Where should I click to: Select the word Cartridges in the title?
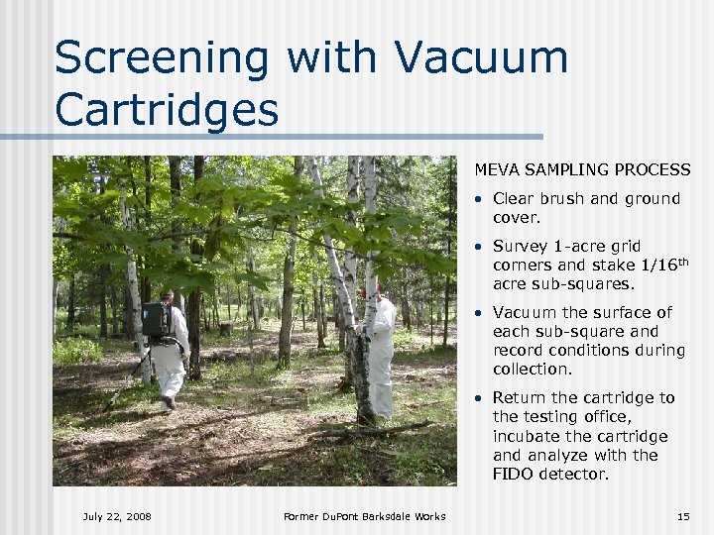click(167, 110)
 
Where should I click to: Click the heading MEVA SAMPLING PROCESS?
click(582, 170)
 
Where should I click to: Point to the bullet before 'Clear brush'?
click(478, 199)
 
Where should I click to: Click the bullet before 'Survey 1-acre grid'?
click(478, 247)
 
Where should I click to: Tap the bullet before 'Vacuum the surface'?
click(478, 313)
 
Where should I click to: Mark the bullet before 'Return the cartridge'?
click(478, 398)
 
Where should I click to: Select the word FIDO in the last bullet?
click(516, 475)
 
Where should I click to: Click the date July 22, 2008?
click(117, 516)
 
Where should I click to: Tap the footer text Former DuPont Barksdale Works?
click(364, 516)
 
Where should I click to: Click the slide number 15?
click(682, 516)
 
